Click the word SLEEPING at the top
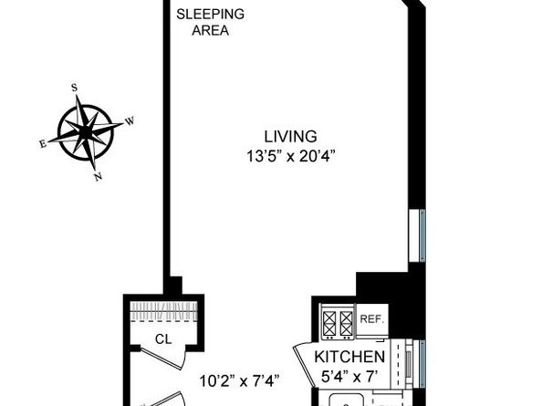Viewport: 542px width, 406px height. (x=209, y=14)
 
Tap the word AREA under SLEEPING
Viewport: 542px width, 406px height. (x=209, y=30)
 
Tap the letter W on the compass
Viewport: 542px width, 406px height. (x=130, y=120)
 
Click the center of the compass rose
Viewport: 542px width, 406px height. (x=86, y=132)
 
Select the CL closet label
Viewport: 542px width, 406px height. (x=162, y=339)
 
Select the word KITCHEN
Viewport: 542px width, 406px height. (x=349, y=356)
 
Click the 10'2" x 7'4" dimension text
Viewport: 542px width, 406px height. (x=240, y=380)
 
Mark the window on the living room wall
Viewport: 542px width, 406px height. (x=421, y=234)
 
